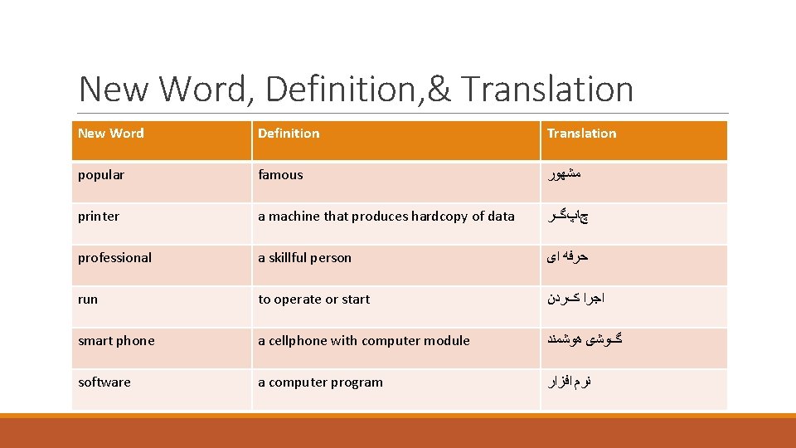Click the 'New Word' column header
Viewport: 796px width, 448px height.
coord(111,134)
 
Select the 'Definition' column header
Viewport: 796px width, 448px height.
coord(289,134)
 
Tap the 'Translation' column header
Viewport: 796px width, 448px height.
coord(581,134)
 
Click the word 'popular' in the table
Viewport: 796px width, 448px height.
coord(101,175)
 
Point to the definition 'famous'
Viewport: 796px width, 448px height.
coord(280,175)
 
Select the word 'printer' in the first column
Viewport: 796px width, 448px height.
coord(99,217)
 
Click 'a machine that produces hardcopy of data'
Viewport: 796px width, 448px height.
coord(386,217)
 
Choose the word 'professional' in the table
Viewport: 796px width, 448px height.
coord(114,258)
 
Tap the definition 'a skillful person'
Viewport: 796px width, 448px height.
coord(304,258)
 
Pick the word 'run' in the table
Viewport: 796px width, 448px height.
coord(88,299)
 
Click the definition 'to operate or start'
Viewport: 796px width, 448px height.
coord(313,299)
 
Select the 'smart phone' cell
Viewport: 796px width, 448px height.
coord(116,341)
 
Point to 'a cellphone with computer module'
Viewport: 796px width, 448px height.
coord(363,341)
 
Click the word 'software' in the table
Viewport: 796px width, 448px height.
coord(104,382)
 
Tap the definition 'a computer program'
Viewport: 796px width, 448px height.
coord(320,382)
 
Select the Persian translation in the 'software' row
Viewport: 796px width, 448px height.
coord(569,382)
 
